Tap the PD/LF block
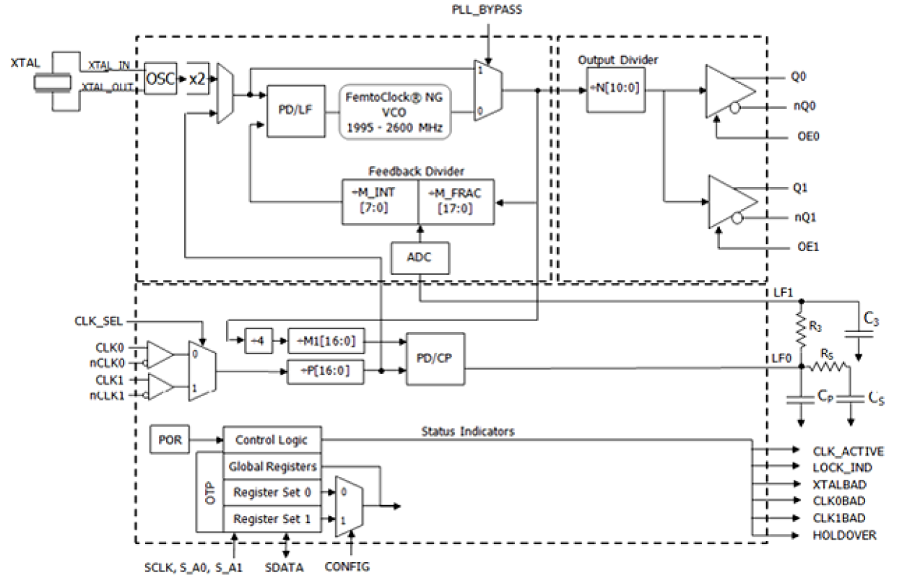pyautogui.click(x=290, y=110)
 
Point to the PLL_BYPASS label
pyautogui.click(x=488, y=11)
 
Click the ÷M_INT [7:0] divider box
pyautogui.click(x=379, y=201)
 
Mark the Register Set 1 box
pyautogui.click(x=272, y=519)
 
